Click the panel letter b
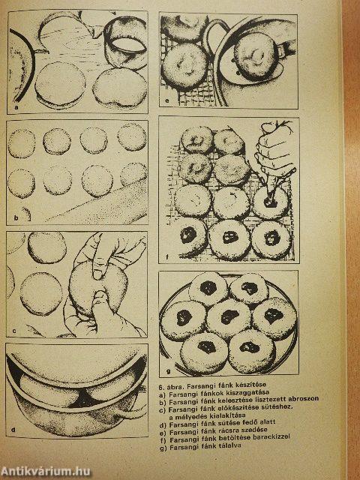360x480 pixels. [16, 218]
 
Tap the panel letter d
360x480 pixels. [13, 430]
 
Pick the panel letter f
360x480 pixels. [166, 256]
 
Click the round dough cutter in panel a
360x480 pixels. [125, 43]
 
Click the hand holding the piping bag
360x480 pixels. [274, 147]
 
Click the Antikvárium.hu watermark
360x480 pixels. [45, 471]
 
